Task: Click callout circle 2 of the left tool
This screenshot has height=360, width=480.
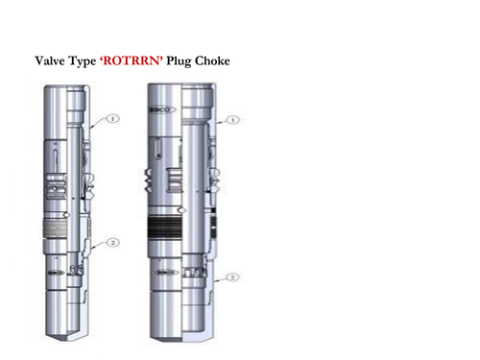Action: pos(112,243)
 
